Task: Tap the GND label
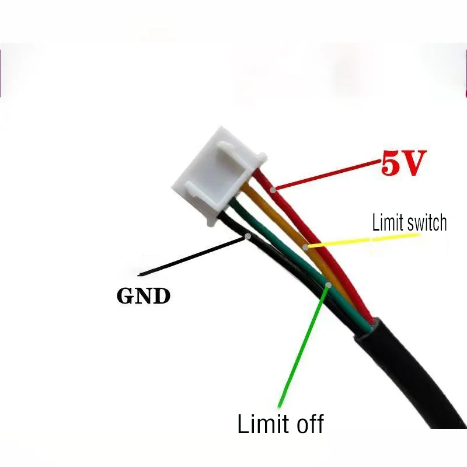(144, 296)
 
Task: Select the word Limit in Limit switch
(387, 222)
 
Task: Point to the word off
(306, 423)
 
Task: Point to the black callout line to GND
(193, 255)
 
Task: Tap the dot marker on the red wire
(273, 189)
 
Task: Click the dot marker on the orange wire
(306, 247)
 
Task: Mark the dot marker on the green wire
(329, 285)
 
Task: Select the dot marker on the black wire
(249, 236)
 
